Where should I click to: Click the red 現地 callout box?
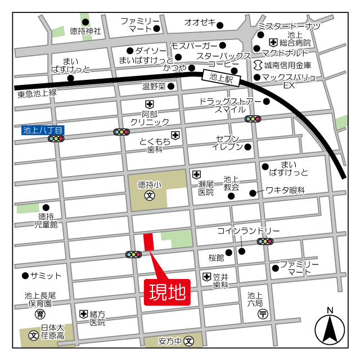(167, 292)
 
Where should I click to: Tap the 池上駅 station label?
(222, 78)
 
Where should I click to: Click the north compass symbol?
(330, 329)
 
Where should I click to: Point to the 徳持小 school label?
(149, 184)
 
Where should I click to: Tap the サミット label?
(46, 276)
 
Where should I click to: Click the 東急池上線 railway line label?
(37, 92)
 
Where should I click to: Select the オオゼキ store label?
(200, 22)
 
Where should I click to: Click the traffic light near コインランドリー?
(265, 241)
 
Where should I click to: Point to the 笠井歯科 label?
(220, 281)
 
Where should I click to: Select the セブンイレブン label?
(227, 143)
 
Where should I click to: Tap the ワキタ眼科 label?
(285, 191)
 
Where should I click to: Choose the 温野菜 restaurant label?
(154, 87)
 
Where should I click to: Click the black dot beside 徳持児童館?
(46, 207)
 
